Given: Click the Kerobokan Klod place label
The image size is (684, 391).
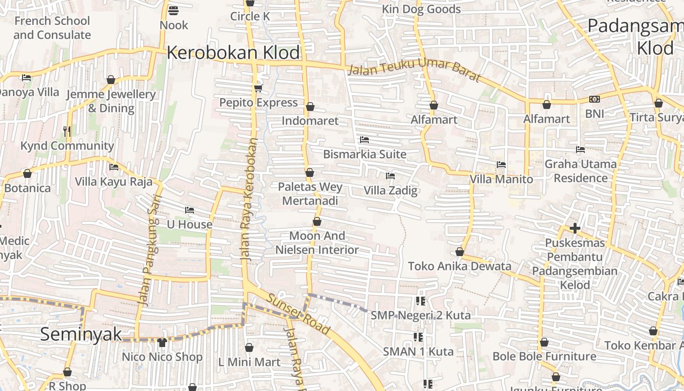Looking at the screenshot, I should point(233,53).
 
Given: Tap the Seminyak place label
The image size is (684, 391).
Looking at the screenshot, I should point(81,334).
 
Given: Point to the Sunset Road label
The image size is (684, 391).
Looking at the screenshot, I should point(298,314).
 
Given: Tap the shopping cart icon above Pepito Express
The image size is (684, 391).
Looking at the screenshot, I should point(258,88).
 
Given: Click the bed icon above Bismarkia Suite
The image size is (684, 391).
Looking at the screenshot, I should point(364,140).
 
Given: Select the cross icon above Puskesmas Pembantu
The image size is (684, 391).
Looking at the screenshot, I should point(575,228).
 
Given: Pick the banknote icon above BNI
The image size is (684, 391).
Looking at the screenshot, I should point(594,99).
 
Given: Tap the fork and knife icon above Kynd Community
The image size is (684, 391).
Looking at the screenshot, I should point(67,131).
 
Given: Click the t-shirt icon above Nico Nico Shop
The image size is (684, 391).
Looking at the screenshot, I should point(162,342).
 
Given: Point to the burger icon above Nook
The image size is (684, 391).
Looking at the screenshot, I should point(173,10).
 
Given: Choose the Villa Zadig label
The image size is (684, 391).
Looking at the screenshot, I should point(390,191).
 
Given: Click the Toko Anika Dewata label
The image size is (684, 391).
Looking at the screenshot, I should point(459,266).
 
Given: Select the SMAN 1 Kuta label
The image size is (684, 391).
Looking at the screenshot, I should point(418,351).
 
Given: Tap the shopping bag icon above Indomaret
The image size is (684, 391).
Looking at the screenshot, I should point(310,107).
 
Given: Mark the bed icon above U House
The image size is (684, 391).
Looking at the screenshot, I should point(190,210).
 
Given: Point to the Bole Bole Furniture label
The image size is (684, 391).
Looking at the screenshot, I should point(544,356).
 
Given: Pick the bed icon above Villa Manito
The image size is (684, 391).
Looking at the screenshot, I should point(501,165).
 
